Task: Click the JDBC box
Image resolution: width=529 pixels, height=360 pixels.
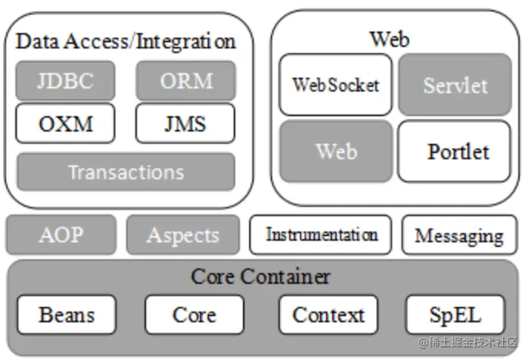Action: (65, 81)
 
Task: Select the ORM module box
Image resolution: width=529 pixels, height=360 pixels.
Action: (185, 81)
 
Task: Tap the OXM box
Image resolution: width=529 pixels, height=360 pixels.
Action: (65, 123)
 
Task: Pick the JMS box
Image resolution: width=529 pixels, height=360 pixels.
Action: (185, 123)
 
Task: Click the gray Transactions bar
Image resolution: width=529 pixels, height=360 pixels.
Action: (125, 172)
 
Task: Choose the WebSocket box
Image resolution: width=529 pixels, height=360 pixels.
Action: (335, 85)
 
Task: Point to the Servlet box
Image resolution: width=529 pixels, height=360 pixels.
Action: (454, 85)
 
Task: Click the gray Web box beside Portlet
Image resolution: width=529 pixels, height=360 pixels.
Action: (335, 151)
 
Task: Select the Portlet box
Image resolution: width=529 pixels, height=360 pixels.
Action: (454, 151)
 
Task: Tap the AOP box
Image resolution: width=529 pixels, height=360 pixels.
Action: (61, 235)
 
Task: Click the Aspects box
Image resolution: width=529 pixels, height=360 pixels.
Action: (182, 235)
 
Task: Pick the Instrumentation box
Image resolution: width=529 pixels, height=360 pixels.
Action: (321, 235)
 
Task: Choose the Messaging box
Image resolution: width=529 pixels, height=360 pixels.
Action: (459, 235)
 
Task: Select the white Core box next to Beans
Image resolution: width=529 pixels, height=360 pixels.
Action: (194, 315)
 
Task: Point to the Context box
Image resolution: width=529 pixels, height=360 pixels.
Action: (328, 315)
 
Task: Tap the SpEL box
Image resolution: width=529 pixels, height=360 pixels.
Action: (455, 315)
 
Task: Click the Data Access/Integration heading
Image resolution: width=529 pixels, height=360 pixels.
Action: (125, 42)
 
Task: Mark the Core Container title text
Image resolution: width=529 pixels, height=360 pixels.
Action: (261, 276)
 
